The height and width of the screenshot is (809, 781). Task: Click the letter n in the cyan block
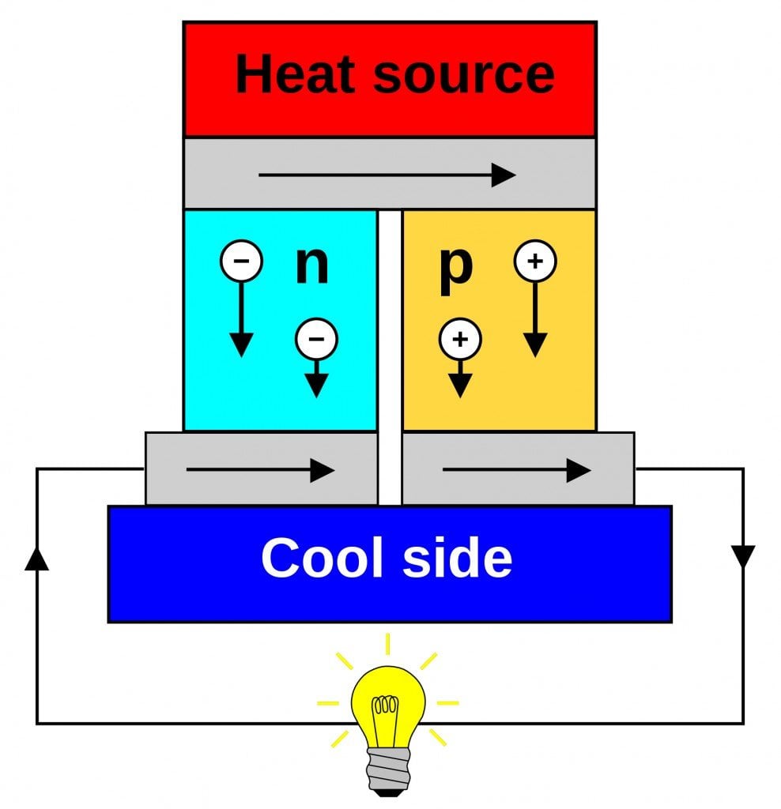[311, 265]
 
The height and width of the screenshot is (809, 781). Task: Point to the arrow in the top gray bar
[387, 175]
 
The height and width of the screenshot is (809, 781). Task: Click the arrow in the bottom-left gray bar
[261, 471]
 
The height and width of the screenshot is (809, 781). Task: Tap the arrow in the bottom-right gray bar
[517, 471]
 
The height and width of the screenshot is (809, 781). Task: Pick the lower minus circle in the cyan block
[316, 340]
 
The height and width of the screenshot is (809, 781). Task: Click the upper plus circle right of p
[535, 262]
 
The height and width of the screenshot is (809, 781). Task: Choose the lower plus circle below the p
[460, 340]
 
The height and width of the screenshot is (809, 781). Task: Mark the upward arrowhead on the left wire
[37, 558]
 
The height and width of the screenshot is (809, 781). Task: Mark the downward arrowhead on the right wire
[743, 556]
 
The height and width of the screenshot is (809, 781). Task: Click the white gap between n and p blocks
[390, 356]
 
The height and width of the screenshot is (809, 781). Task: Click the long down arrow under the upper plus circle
[535, 320]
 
